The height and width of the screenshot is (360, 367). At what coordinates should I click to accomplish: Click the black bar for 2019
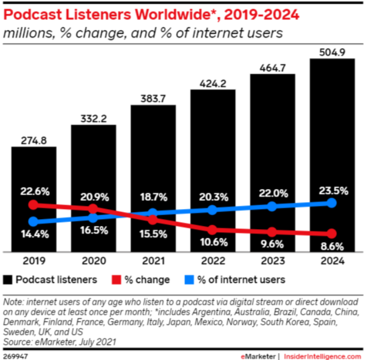(x=34, y=174)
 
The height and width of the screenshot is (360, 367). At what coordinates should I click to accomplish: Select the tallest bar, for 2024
(x=332, y=132)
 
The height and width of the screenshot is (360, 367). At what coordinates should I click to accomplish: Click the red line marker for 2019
(x=34, y=205)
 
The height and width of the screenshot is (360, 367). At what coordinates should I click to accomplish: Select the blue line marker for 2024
(x=332, y=203)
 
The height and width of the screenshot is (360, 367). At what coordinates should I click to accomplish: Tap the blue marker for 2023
(x=272, y=206)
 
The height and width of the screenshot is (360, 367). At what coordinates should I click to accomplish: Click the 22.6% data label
(x=34, y=191)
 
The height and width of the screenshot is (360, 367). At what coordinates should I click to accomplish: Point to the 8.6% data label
(x=332, y=246)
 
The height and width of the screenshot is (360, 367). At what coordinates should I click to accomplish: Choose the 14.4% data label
(x=34, y=234)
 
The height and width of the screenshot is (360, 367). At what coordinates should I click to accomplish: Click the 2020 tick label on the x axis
(x=93, y=261)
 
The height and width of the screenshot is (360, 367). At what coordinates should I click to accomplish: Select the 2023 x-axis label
(x=272, y=261)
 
